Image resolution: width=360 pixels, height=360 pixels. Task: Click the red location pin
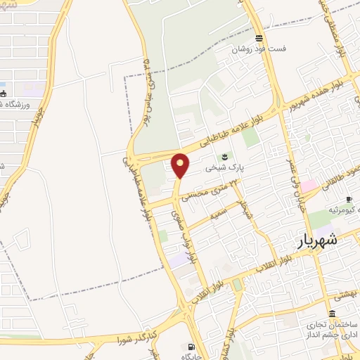click(181, 165)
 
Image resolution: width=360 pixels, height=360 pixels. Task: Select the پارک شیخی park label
click(224, 169)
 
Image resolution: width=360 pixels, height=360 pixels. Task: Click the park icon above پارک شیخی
click(224, 156)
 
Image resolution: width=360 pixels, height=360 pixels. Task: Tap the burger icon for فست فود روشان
click(259, 38)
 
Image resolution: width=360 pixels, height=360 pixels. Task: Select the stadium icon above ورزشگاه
click(4, 94)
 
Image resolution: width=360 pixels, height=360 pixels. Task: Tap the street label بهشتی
click(344, 297)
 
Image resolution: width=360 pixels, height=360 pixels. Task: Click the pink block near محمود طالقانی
click(309, 186)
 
